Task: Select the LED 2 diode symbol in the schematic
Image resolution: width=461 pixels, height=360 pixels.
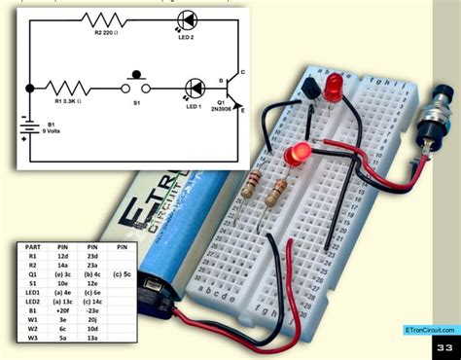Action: point(187,19)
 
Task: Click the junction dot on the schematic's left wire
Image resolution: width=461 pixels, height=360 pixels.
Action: point(30,87)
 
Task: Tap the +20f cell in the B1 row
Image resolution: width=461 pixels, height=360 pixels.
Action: point(62,310)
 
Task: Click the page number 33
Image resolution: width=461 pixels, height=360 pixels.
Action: point(444,347)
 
